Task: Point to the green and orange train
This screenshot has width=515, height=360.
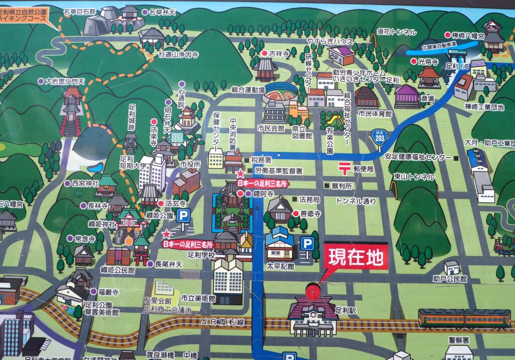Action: click(x=464, y=318)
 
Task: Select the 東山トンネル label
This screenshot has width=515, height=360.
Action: click(x=414, y=177)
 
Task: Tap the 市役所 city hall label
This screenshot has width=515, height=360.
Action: click(x=191, y=164)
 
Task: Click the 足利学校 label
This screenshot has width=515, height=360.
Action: click(x=201, y=255)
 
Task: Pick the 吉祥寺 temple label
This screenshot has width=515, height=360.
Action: click(x=280, y=53)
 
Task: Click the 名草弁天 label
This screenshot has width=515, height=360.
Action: click(x=161, y=12)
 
